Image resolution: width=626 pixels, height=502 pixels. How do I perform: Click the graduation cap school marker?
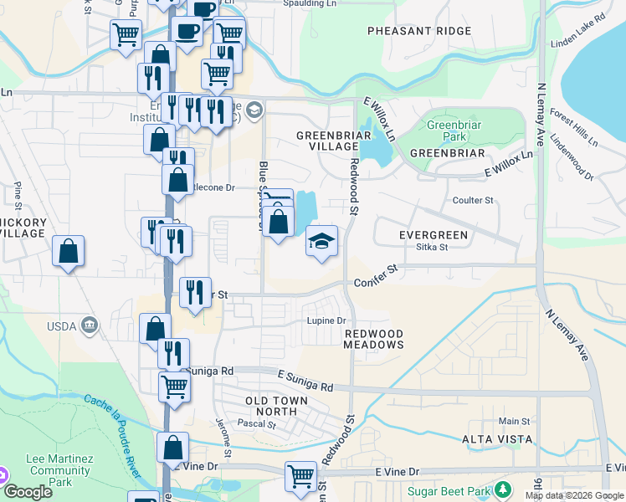(321, 241)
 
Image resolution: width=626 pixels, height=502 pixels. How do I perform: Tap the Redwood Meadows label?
(374, 339)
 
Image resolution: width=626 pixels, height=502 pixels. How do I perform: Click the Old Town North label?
(270, 407)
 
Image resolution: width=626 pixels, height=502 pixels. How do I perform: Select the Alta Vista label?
(496, 439)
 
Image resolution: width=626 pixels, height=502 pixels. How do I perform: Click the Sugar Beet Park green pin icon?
(502, 489)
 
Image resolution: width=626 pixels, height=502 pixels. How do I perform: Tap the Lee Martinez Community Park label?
(59, 471)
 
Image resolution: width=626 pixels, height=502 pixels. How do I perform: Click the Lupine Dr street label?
(327, 321)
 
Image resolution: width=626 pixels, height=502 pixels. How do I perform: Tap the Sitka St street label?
(433, 247)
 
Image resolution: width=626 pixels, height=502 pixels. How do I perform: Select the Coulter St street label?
(473, 201)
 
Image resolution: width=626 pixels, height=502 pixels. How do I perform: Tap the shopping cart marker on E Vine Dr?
(300, 477)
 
